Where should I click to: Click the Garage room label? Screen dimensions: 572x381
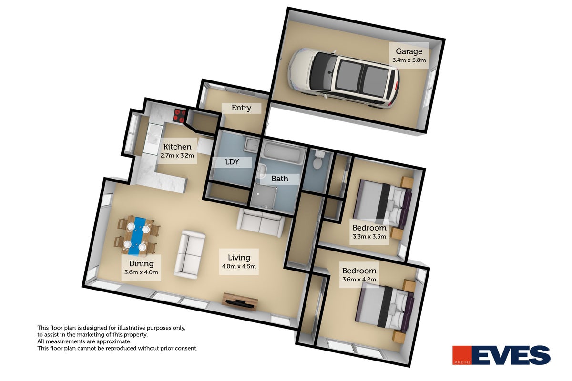[409, 51]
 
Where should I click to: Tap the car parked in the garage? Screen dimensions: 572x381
[344, 78]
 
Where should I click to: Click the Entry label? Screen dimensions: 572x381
[241, 108]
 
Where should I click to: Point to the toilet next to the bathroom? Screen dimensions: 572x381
[318, 160]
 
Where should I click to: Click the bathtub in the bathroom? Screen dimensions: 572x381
[284, 152]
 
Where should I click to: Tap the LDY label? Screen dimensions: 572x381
[232, 162]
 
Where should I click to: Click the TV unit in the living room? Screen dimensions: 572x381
[240, 301]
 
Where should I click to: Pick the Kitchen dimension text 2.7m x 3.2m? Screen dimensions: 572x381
[177, 155]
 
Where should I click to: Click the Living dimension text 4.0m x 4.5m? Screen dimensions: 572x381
[239, 266]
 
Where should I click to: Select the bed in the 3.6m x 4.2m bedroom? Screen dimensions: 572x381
[384, 308]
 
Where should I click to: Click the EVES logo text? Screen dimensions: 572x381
[511, 355]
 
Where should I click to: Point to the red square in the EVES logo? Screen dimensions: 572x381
[462, 355]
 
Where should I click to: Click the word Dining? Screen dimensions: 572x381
[141, 264]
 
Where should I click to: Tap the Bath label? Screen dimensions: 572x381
[280, 179]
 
